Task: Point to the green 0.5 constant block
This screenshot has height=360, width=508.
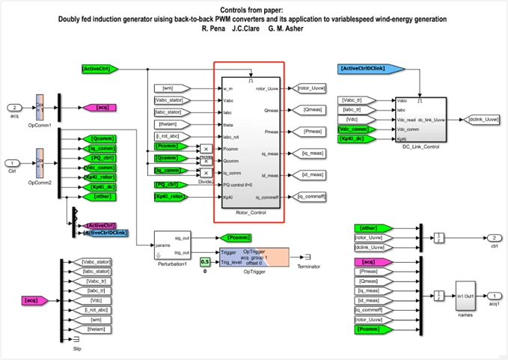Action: click(x=204, y=260)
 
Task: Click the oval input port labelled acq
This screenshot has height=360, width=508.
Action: click(x=13, y=107)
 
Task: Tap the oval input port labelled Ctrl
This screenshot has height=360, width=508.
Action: click(x=13, y=162)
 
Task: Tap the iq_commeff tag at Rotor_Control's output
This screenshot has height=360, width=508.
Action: click(x=311, y=197)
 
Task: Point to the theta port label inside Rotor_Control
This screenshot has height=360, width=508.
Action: click(x=228, y=124)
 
